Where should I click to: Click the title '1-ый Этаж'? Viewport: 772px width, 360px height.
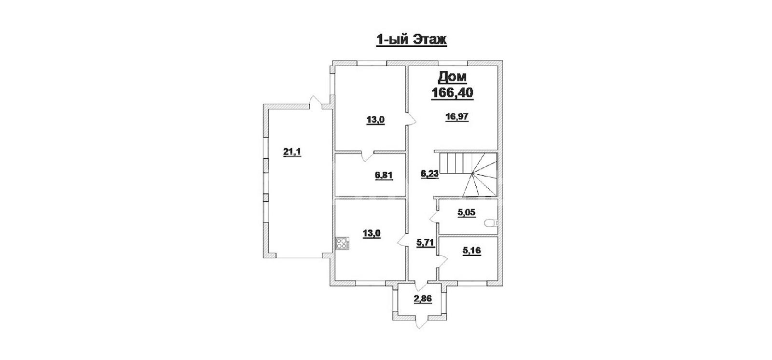click(x=412, y=40)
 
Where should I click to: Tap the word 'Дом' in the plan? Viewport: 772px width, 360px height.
click(x=453, y=77)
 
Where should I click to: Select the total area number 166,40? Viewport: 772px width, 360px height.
click(x=453, y=93)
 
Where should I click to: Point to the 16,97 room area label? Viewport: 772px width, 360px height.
click(x=457, y=117)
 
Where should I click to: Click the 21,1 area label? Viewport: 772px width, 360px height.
click(x=292, y=152)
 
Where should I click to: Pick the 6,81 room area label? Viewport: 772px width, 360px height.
click(x=384, y=176)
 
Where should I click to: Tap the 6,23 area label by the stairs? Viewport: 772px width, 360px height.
click(x=430, y=174)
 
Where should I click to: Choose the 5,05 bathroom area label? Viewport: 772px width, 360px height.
click(x=467, y=212)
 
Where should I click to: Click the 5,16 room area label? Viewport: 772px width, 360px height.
click(x=471, y=250)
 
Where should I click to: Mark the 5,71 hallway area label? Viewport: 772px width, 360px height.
click(x=425, y=243)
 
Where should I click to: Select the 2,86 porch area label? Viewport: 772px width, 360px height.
click(x=423, y=299)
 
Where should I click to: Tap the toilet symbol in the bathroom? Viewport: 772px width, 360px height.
click(x=491, y=223)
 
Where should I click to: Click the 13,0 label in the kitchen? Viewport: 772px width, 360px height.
click(x=372, y=234)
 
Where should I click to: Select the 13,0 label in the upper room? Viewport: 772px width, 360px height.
click(x=375, y=120)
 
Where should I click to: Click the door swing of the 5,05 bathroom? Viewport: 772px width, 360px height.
click(x=434, y=217)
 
